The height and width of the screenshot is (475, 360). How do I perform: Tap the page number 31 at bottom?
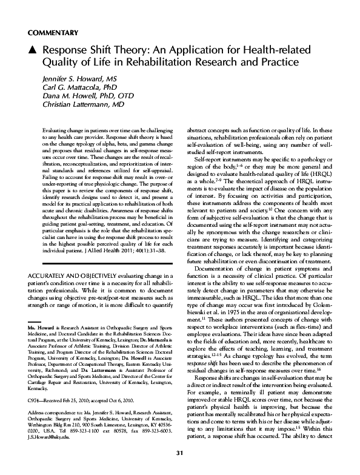179,454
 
